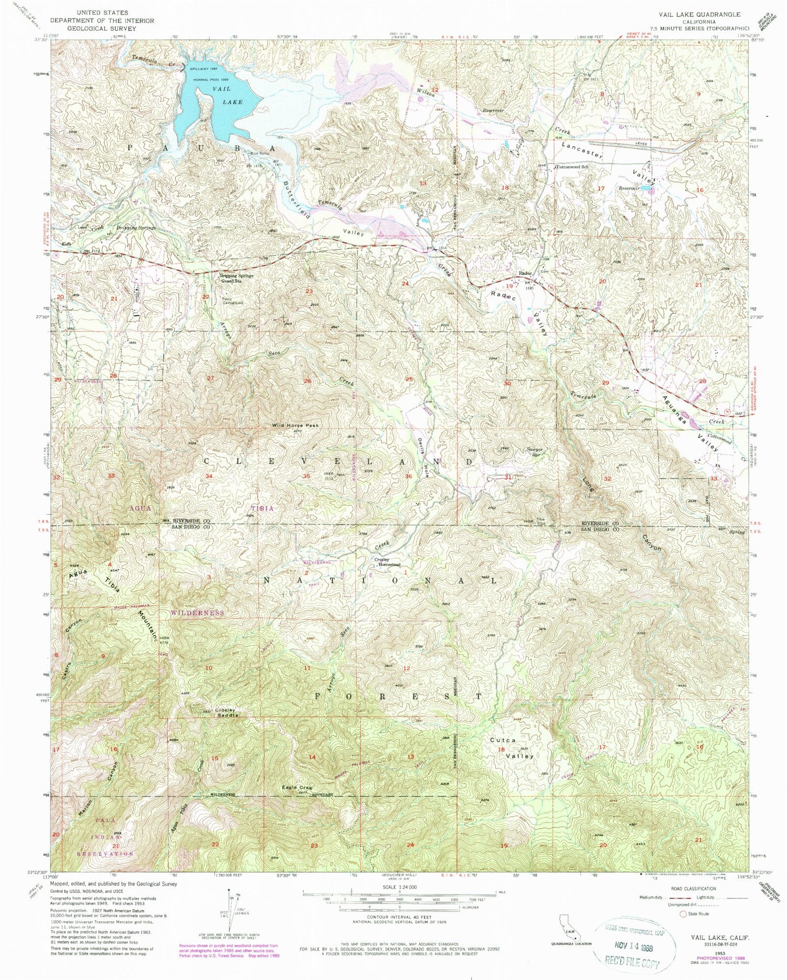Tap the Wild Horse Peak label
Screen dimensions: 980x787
pyautogui.click(x=295, y=425)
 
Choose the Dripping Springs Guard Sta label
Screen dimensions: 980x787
pyautogui.click(x=236, y=278)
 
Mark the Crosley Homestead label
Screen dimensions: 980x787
pyautogui.click(x=388, y=562)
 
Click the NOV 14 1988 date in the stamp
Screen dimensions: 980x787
pyautogui.click(x=628, y=947)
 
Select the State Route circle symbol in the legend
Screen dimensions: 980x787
pyautogui.click(x=683, y=914)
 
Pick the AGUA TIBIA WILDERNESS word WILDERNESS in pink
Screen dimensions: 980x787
pyautogui.click(x=197, y=613)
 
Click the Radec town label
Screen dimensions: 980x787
pyautogui.click(x=525, y=274)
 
